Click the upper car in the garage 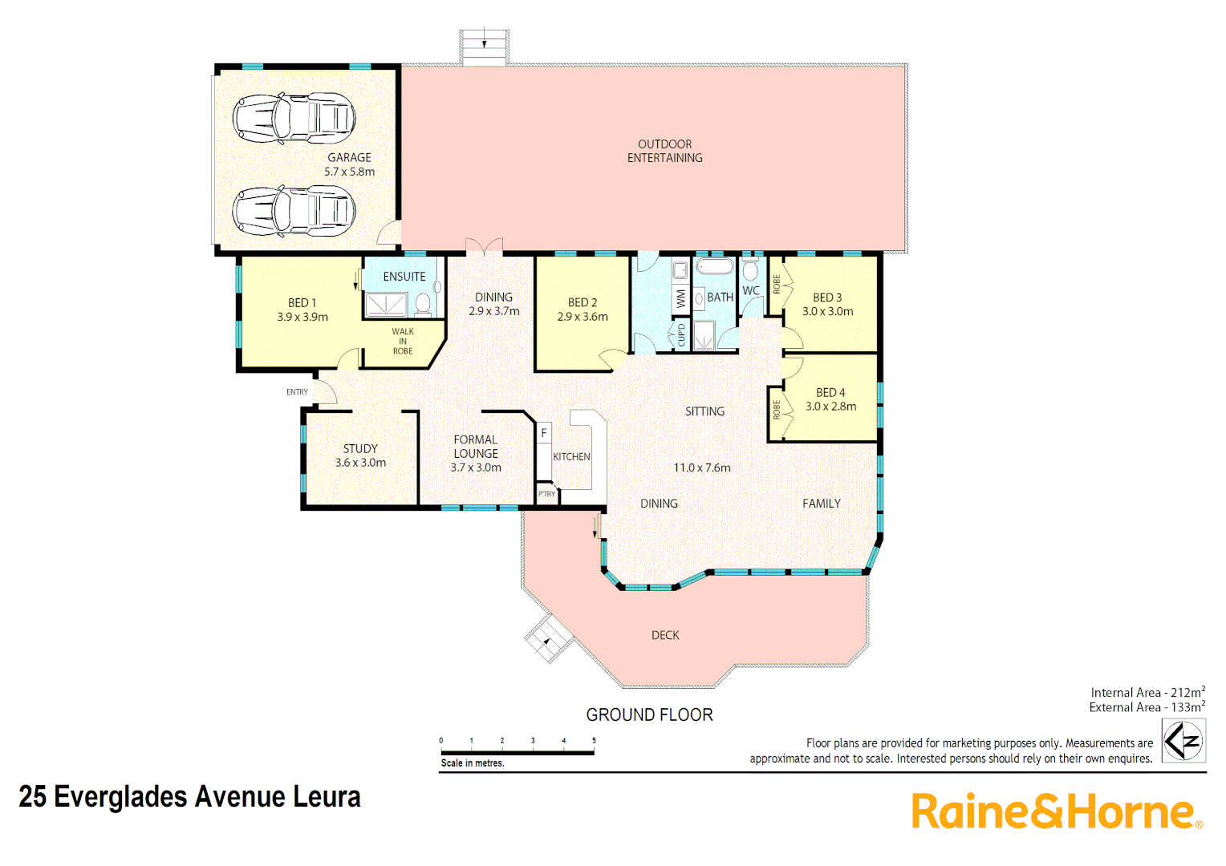coord(294,118)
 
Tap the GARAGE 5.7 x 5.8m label coord(349,164)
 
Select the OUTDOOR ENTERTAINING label coord(664,152)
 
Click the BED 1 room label coord(302,310)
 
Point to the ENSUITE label coord(404,277)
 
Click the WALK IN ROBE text coord(403,341)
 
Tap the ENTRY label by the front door coord(297,392)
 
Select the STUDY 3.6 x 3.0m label coord(360,455)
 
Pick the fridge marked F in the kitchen coord(544,433)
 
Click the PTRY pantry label coord(546,494)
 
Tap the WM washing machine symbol coord(681,298)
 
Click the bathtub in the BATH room coord(714,266)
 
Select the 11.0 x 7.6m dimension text coord(702,467)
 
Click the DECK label coord(665,635)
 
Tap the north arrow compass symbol coord(1183,740)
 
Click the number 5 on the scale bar coord(594,740)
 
